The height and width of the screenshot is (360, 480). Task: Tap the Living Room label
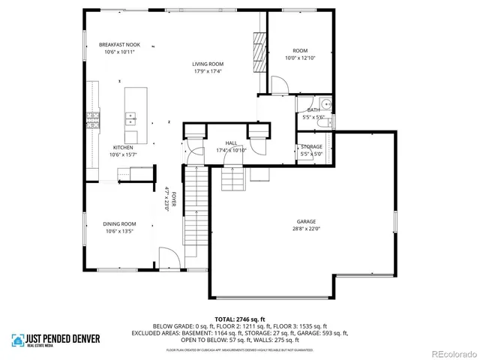[209, 64]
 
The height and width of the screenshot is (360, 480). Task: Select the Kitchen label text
[123, 148]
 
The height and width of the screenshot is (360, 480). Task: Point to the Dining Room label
[119, 223]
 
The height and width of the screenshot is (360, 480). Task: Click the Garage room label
[305, 222]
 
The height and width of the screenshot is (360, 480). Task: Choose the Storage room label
[311, 146]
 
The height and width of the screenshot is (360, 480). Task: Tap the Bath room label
[313, 110]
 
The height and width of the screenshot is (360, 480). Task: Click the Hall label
[232, 142]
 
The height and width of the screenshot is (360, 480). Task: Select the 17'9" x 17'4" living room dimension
[209, 72]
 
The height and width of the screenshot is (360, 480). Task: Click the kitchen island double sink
[130, 117]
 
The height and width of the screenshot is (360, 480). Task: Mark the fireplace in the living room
[260, 52]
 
